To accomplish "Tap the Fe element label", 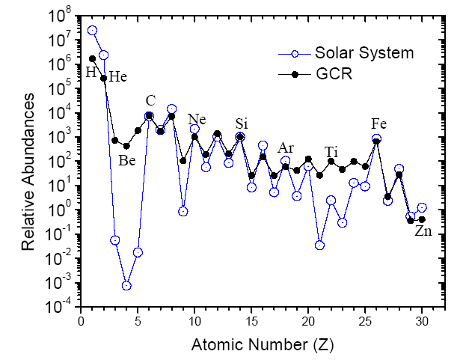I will coord(378,123).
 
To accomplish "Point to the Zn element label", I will coord(423,231).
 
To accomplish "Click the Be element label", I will coord(127,159).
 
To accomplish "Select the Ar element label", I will coord(286,147).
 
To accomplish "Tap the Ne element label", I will coord(197,119).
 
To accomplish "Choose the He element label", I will coord(118,76).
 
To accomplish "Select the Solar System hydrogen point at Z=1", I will coord(92,31).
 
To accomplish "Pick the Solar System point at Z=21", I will coord(319,245).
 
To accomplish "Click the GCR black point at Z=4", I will coord(126,146).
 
